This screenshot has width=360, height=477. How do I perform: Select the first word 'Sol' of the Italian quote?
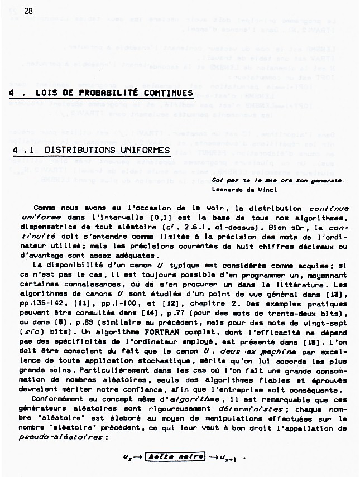[x=217, y=181]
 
